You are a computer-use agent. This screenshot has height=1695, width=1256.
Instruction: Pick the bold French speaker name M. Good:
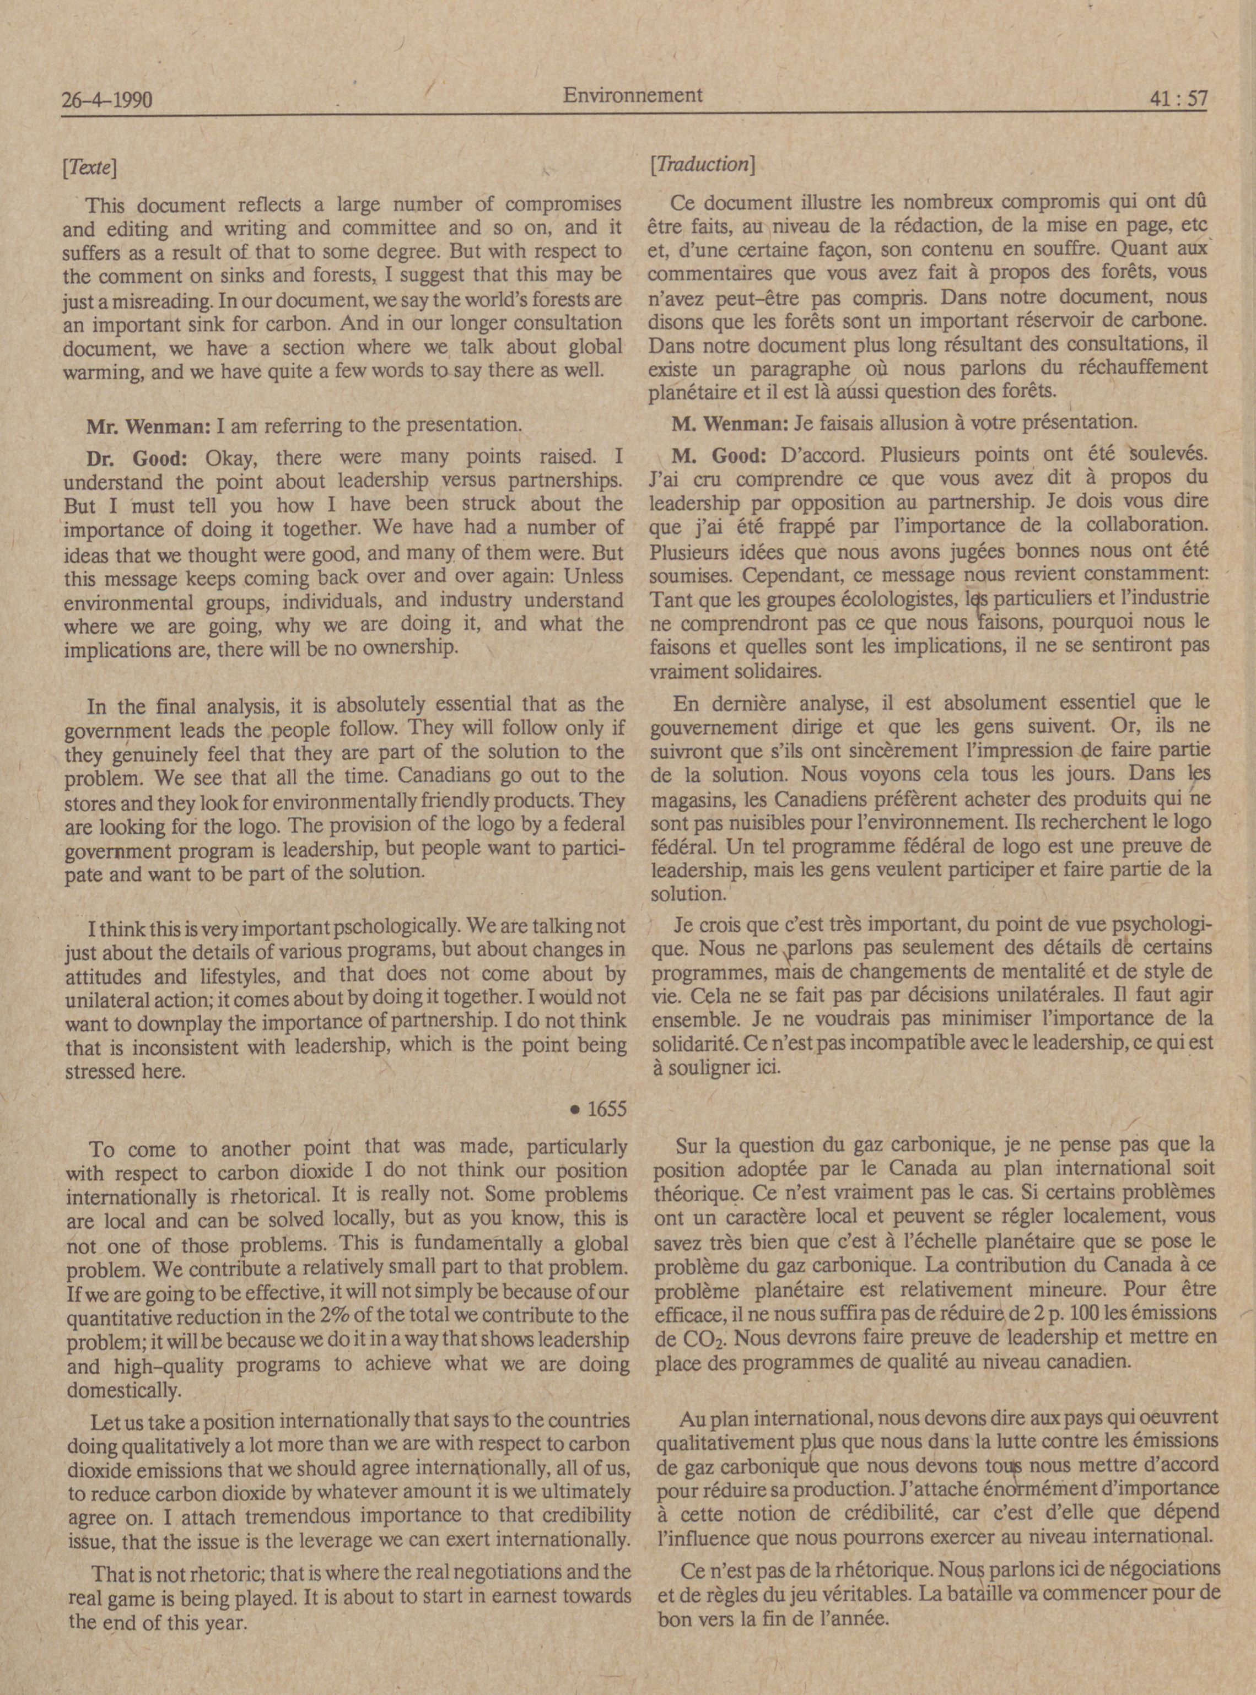click(719, 455)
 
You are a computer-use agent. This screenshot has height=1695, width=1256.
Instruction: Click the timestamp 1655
click(607, 1109)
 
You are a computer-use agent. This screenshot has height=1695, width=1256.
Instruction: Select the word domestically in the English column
click(124, 1391)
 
